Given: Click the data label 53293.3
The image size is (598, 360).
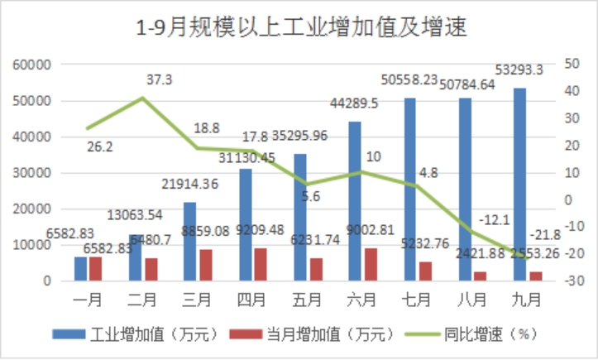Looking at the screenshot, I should click(518, 70).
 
